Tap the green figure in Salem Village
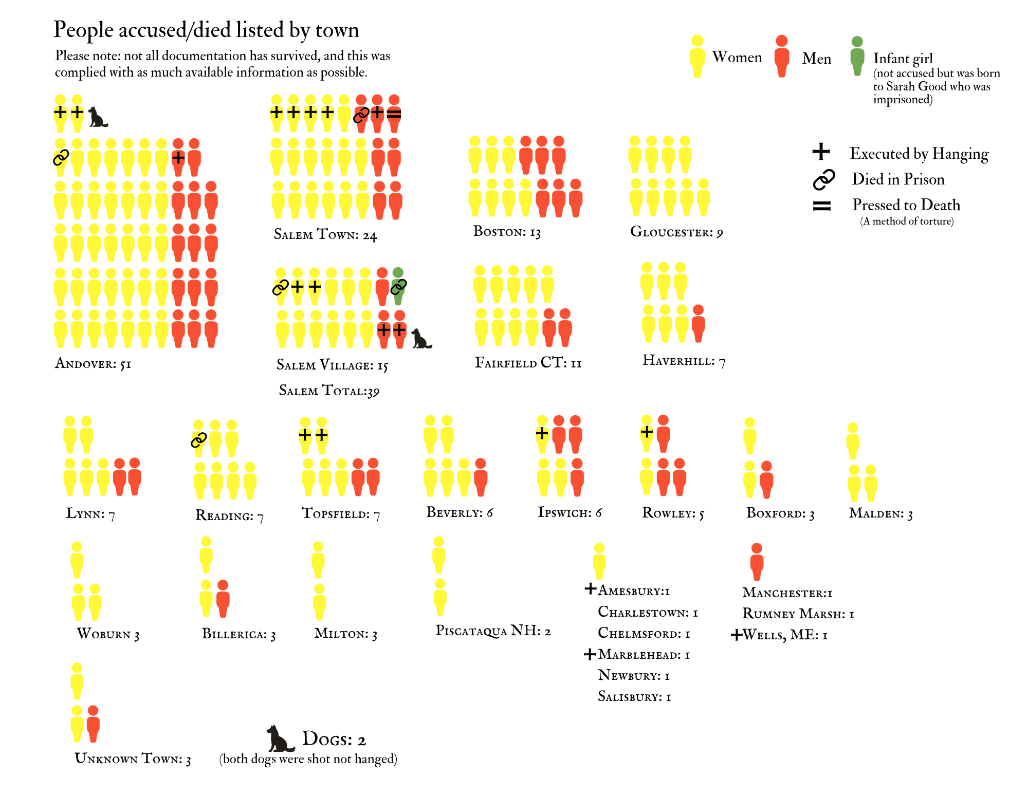coord(398,286)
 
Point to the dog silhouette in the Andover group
coord(97,117)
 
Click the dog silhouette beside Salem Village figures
coord(421,339)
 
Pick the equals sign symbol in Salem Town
coord(394,114)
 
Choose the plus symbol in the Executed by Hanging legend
coord(821,152)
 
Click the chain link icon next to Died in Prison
coord(823,179)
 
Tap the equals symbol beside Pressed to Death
coord(821,206)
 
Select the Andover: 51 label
coord(93,364)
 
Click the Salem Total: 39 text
coord(329,391)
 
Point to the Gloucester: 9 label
coord(676,232)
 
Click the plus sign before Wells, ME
coord(736,635)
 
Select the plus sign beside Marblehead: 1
coord(590,654)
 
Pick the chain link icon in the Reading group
coord(199,439)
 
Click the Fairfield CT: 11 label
coord(528,363)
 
